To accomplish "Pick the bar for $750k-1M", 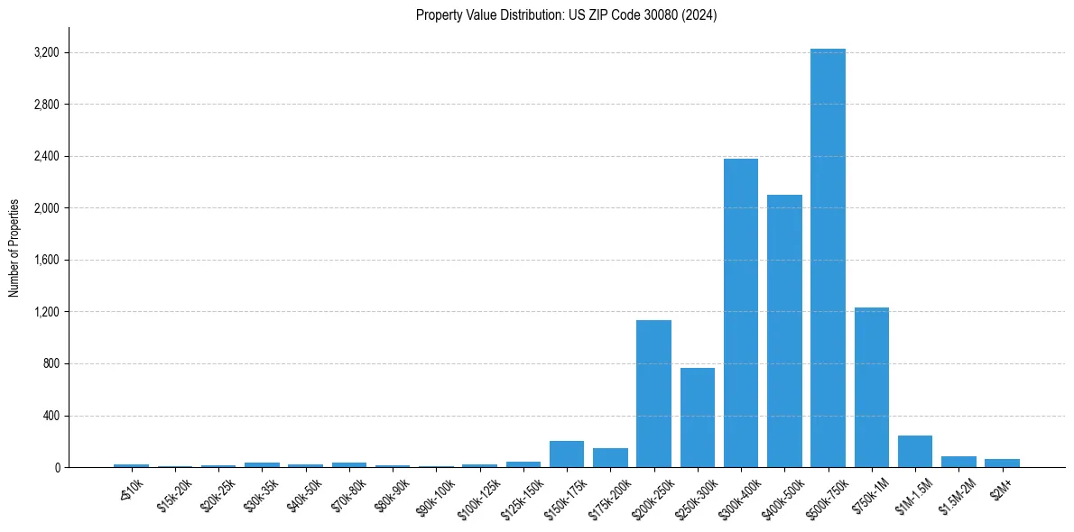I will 871,388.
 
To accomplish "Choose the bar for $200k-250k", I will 653,394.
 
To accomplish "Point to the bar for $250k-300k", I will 697,417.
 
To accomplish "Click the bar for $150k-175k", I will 567,454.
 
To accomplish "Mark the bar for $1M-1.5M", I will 914,452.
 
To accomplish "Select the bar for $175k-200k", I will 610,458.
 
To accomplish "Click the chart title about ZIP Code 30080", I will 566,15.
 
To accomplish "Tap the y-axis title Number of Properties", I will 14,247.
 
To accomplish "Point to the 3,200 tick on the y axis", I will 46,52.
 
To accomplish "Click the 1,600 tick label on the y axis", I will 46,261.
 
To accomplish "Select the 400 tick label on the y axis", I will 50,416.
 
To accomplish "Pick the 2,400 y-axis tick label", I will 46,156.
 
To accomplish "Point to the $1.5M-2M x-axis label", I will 957,495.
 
